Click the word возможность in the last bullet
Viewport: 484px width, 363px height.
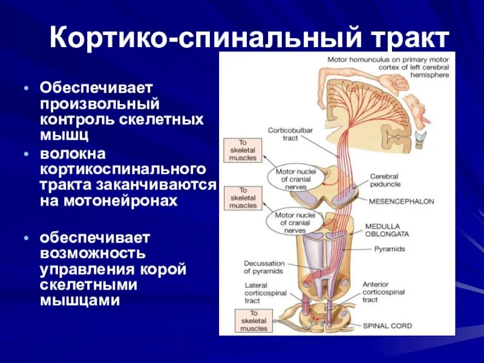(92, 250)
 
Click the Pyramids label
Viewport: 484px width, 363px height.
(390, 249)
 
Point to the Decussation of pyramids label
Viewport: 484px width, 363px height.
(264, 267)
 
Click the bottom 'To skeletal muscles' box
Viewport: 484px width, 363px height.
(253, 321)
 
